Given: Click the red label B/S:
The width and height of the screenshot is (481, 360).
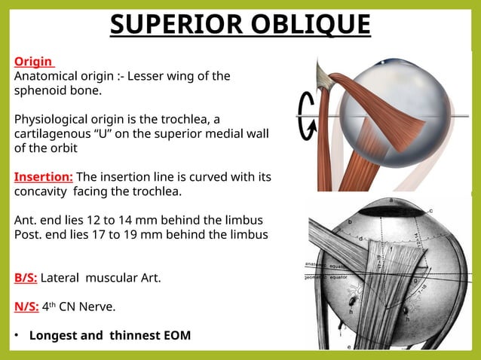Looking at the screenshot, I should point(25,278).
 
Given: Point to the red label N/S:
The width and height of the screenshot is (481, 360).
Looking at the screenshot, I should point(26,307).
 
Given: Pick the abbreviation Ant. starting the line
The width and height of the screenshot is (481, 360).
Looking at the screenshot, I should point(26,220).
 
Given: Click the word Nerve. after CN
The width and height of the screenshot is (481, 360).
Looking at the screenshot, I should point(96,307).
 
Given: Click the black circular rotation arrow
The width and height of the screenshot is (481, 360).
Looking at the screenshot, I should point(308,116).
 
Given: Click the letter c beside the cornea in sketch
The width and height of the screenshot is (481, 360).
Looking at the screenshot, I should point(430,210).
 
